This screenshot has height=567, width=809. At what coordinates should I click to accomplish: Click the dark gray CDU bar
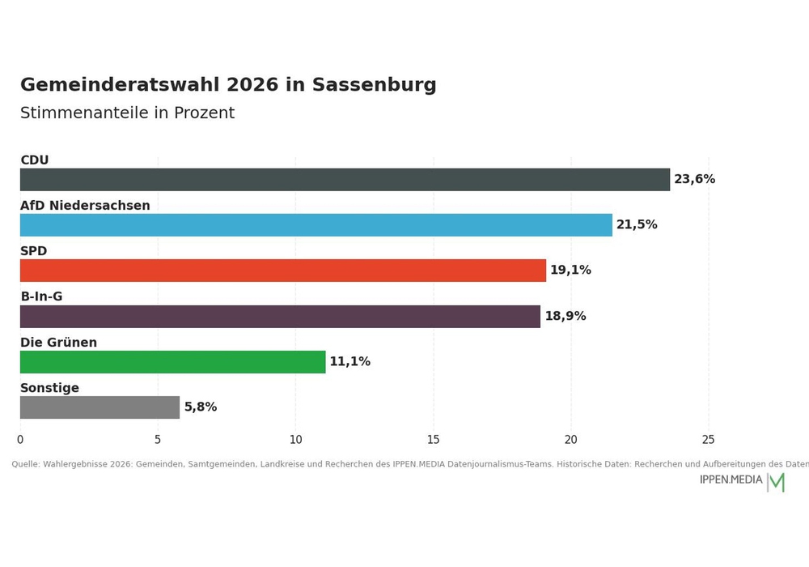345,180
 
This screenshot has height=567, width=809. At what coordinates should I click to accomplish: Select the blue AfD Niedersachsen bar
316,225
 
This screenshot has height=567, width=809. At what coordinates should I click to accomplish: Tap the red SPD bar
282,271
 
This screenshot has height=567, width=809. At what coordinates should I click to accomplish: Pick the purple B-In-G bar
280,317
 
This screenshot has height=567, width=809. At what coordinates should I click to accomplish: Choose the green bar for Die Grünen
173,362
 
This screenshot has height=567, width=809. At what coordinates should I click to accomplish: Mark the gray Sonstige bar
100,407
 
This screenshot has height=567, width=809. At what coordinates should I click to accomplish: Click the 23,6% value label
694,179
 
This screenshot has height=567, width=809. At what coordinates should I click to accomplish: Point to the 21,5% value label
637,224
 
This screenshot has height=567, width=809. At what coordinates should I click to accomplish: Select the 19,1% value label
570,270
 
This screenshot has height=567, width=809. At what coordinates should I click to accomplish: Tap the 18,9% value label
565,316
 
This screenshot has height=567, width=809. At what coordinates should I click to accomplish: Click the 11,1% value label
349,361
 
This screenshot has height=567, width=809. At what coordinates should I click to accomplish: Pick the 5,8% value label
201,407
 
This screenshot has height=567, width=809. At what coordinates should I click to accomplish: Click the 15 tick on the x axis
434,440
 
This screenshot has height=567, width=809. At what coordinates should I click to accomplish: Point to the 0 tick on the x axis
20,440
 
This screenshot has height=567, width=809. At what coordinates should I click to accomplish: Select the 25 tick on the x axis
709,440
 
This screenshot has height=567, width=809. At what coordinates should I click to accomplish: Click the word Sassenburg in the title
374,85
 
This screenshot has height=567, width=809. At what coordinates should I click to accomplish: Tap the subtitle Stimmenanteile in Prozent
128,113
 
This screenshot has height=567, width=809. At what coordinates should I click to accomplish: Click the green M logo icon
777,482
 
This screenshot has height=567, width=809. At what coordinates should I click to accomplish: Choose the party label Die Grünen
58,343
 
